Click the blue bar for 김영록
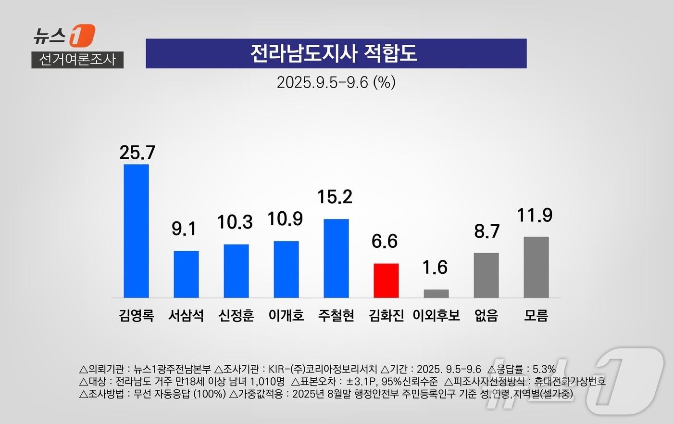(136, 231)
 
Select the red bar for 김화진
(386, 281)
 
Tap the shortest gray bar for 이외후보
(436, 294)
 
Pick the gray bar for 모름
(536, 267)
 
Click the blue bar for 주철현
(336, 258)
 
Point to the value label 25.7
(137, 153)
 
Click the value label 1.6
(435, 268)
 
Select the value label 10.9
(285, 219)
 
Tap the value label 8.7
(487, 231)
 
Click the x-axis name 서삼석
(186, 316)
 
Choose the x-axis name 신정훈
(236, 316)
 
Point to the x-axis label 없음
(486, 316)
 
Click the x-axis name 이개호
(286, 316)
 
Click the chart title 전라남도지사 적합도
(336, 53)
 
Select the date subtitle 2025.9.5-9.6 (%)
(336, 82)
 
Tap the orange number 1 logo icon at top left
(82, 36)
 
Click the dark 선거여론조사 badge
(77, 60)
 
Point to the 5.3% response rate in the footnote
(544, 370)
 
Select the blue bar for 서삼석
(186, 274)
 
